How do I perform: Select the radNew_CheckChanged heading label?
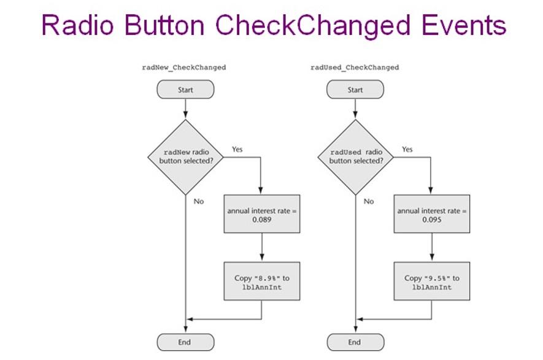pos(183,67)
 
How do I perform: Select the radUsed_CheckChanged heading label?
pos(355,67)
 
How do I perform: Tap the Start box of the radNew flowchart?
pos(185,90)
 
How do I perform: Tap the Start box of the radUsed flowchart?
pos(355,90)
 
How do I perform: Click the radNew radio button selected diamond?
pos(185,157)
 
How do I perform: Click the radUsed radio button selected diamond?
pos(355,157)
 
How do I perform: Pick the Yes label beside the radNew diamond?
pos(237,149)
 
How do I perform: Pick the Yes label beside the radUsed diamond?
pos(407,149)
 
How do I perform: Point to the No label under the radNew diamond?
pos(198,201)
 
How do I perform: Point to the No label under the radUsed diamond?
pos(368,201)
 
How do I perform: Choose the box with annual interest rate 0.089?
pos(262,214)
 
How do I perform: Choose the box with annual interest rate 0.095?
pos(432,214)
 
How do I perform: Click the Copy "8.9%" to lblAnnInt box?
pos(262,281)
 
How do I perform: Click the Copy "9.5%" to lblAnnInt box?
pos(432,281)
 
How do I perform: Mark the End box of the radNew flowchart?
pos(185,342)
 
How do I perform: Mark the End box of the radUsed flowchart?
pos(355,342)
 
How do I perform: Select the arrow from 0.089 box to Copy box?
pos(262,247)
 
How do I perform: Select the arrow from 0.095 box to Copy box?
pos(432,247)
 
